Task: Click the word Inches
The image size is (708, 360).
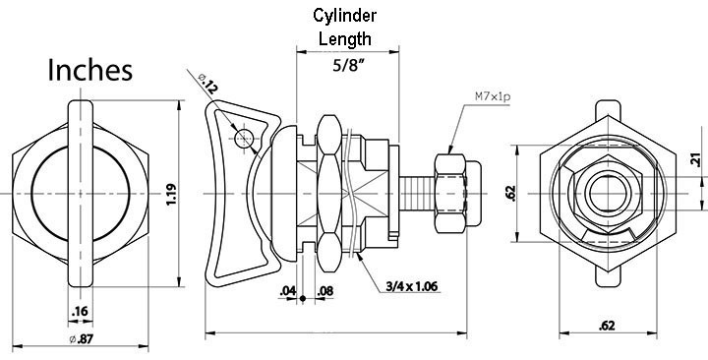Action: click(89, 70)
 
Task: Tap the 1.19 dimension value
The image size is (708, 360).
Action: click(171, 194)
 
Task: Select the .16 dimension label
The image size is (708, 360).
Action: click(80, 311)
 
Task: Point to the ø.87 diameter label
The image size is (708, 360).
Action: click(82, 339)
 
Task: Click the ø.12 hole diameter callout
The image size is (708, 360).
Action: click(208, 84)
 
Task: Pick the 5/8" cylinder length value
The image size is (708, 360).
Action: click(348, 66)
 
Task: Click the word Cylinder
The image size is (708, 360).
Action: click(344, 16)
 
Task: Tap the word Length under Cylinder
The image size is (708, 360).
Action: click(345, 38)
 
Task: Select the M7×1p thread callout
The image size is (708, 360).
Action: click(493, 96)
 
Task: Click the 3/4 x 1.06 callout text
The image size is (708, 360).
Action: click(412, 286)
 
